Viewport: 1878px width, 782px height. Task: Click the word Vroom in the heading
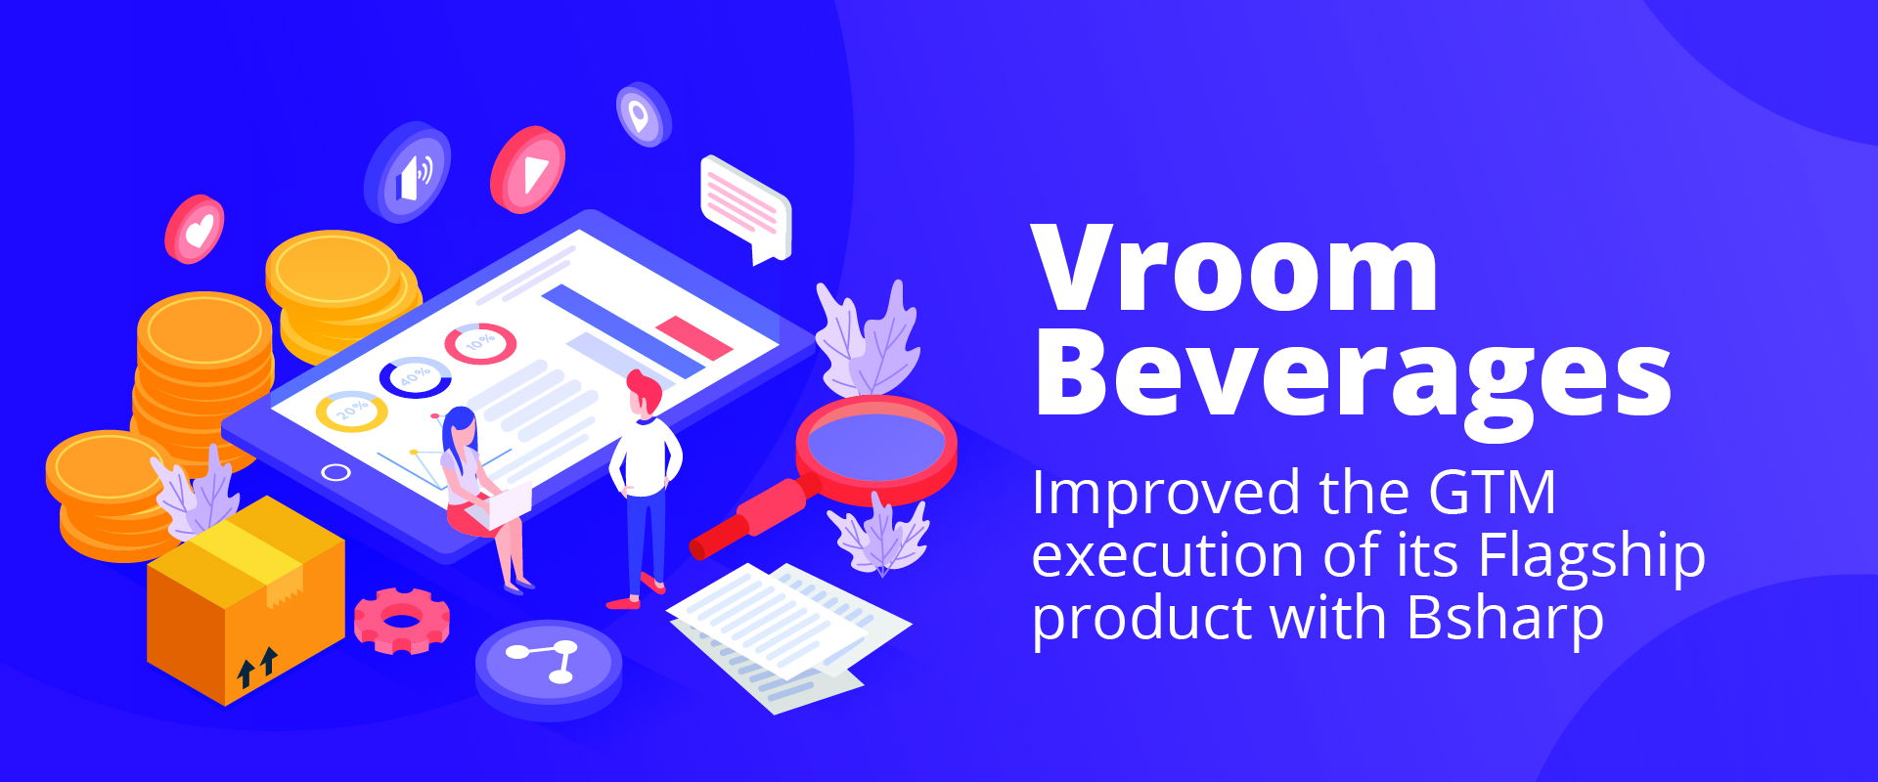1235,268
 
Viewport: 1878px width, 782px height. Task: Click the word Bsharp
1506,618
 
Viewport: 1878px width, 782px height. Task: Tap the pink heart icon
195,229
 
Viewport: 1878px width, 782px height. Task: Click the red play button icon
528,170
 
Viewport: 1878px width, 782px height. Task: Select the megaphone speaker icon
408,172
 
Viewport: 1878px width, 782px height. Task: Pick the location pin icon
643,115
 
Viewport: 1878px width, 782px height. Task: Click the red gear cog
401,621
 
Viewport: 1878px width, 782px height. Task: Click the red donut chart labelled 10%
480,343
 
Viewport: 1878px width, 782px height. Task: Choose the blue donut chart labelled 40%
415,377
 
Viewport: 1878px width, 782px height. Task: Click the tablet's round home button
335,473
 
